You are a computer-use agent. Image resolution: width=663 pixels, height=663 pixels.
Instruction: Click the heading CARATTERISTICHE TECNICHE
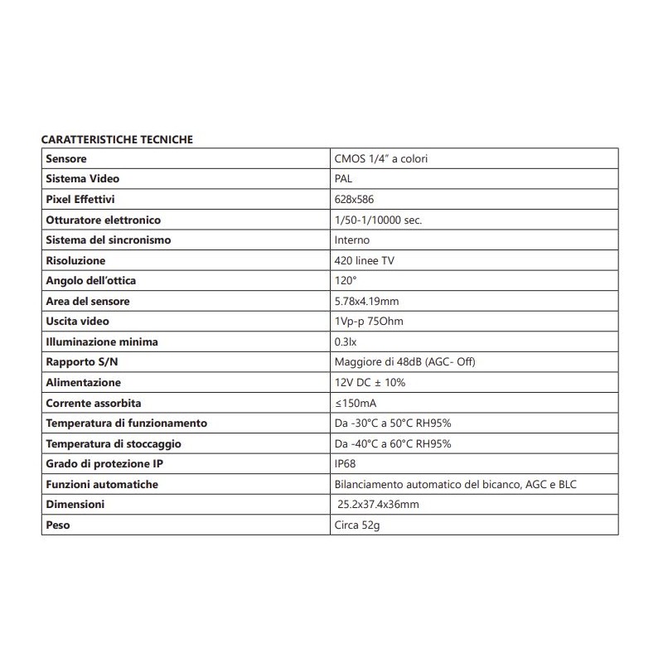coord(117,139)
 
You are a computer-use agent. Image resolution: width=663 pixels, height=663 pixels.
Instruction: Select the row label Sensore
coord(67,159)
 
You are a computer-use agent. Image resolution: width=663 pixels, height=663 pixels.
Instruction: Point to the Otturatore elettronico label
coord(104,220)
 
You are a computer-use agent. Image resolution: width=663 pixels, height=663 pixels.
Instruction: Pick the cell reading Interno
coord(352,240)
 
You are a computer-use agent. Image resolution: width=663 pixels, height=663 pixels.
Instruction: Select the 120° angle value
coord(345,281)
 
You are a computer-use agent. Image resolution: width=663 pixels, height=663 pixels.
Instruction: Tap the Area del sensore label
coord(88,301)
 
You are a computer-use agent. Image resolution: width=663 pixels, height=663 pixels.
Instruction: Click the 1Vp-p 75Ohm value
coord(369,322)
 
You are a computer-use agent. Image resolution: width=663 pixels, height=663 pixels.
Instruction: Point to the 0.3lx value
coord(346,341)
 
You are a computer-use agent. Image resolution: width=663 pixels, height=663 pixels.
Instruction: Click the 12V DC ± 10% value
coord(370,382)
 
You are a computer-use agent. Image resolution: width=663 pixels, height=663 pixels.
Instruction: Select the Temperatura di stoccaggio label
coord(114,443)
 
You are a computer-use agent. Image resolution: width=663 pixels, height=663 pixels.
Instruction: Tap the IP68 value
coord(346,463)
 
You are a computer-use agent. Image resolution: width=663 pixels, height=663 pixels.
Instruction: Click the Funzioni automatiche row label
coord(102,484)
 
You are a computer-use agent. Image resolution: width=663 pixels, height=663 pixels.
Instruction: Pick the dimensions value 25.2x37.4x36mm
coord(379,504)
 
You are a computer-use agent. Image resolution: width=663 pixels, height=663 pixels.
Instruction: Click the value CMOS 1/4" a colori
coord(380,159)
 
